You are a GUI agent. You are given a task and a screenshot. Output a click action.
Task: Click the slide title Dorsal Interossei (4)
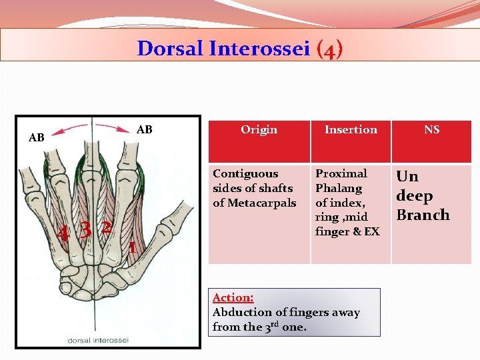click(x=240, y=49)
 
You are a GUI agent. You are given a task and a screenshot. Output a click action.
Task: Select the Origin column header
click(x=259, y=129)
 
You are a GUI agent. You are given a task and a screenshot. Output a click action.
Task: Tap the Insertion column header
click(x=351, y=129)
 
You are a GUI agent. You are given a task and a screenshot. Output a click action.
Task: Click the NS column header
click(x=431, y=129)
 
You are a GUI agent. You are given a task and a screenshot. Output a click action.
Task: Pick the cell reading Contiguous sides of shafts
click(x=253, y=188)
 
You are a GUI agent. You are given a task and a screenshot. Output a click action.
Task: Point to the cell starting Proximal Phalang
click(x=347, y=202)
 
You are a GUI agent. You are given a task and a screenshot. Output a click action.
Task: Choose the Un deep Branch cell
click(x=423, y=195)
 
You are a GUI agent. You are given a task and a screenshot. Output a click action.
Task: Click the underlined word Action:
click(x=233, y=298)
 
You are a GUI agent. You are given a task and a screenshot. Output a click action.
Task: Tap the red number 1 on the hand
click(x=132, y=247)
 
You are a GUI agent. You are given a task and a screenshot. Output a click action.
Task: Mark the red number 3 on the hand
click(x=85, y=229)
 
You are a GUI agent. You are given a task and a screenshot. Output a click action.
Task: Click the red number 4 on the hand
click(x=63, y=233)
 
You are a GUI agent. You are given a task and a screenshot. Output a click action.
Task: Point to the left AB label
click(x=36, y=138)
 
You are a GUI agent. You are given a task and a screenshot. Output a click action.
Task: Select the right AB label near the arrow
click(x=144, y=129)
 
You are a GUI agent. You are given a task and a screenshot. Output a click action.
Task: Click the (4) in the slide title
click(x=330, y=49)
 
